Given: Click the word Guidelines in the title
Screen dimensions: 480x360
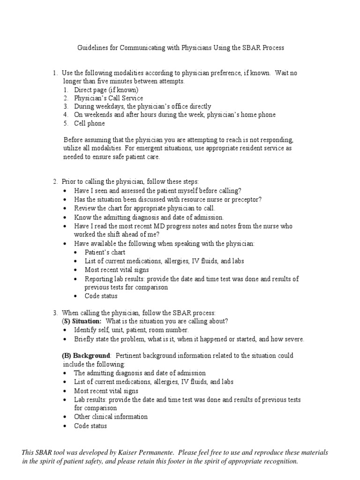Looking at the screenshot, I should click(x=91, y=48).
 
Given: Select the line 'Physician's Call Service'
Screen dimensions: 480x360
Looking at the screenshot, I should click(x=108, y=98).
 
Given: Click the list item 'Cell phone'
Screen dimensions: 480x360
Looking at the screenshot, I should click(x=89, y=123).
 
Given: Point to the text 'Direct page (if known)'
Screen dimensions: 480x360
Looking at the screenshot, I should click(x=106, y=90).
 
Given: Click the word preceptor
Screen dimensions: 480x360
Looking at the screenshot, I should click(x=245, y=199).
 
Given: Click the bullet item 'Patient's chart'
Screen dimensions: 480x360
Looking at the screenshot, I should click(x=105, y=252).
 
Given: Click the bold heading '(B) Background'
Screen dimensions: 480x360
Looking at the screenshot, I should click(x=87, y=356).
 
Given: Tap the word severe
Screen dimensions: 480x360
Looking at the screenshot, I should click(x=292, y=339).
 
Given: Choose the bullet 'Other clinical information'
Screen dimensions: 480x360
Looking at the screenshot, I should click(x=111, y=417).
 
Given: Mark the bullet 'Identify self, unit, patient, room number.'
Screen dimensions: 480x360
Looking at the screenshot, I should click(x=131, y=330).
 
